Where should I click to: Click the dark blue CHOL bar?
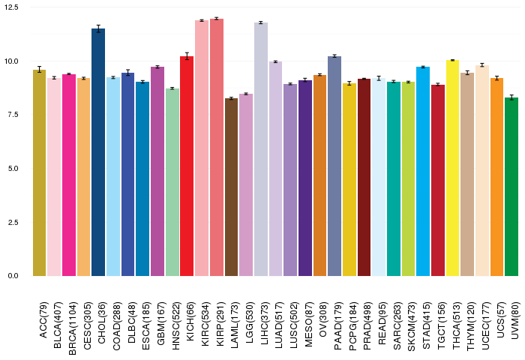click(98, 152)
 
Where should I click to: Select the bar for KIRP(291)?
click(217, 147)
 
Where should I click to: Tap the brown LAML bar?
click(231, 187)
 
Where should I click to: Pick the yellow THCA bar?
click(452, 168)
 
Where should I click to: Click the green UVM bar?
click(511, 187)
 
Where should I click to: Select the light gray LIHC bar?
click(261, 149)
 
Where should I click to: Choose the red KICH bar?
click(187, 166)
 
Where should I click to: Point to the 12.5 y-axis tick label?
click(11, 7)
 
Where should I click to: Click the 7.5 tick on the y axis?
click(13, 115)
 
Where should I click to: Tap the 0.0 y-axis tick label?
click(13, 276)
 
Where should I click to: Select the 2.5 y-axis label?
click(13, 222)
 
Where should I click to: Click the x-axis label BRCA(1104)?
click(72, 328)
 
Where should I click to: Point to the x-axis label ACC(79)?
click(43, 320)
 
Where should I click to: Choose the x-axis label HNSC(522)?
click(175, 325)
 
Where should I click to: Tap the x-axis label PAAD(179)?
click(337, 325)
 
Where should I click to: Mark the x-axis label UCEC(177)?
click(485, 325)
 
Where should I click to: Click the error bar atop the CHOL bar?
click(98, 28)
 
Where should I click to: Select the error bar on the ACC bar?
click(40, 70)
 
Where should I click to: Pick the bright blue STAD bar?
click(423, 172)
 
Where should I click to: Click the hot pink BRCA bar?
click(69, 175)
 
